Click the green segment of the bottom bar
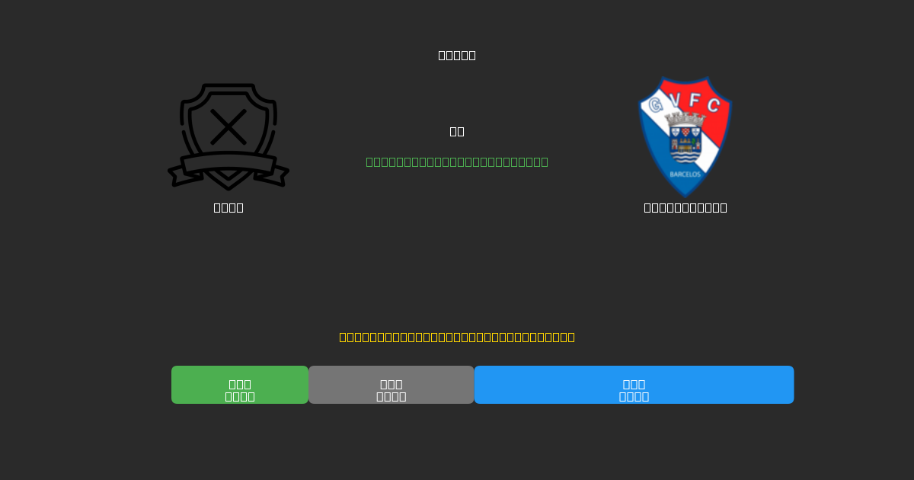(240, 385)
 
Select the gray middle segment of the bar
(391, 385)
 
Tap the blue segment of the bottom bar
(634, 385)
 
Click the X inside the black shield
(228, 126)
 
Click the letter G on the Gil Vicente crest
(655, 105)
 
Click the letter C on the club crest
(714, 105)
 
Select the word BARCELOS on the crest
(685, 174)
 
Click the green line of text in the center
(457, 162)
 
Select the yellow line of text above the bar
(457, 337)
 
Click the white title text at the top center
(457, 55)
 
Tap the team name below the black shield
(228, 207)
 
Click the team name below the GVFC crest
(685, 207)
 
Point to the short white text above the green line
(457, 131)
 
